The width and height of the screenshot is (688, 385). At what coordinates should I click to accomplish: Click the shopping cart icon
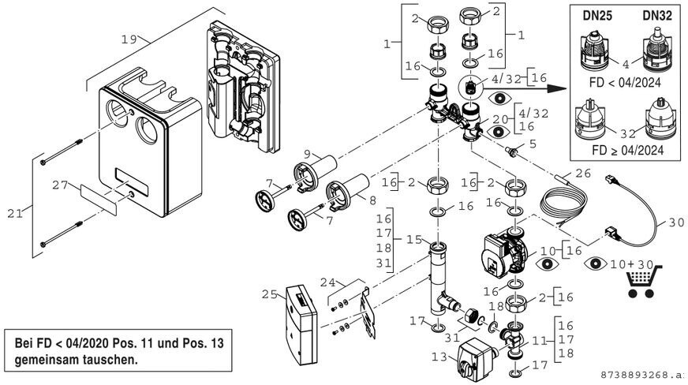pos(642,281)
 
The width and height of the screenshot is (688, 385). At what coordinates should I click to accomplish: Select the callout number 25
pos(269,293)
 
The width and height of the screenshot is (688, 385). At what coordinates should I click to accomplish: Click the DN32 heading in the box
pos(656,16)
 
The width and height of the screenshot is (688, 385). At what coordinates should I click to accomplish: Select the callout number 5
pos(533,144)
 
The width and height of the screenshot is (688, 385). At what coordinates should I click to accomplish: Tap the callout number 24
pos(327,281)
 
